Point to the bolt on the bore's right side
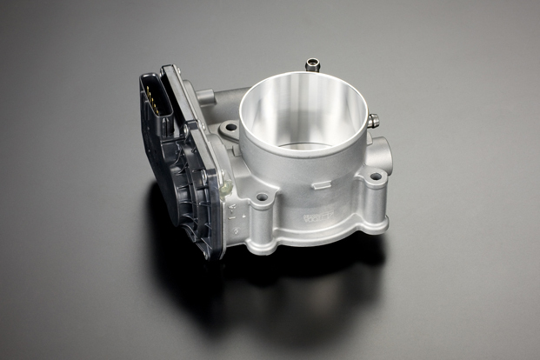tap(372, 122)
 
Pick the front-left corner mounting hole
tap(262, 197)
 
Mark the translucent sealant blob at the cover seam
tap(225, 184)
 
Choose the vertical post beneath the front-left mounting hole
tap(260, 226)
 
